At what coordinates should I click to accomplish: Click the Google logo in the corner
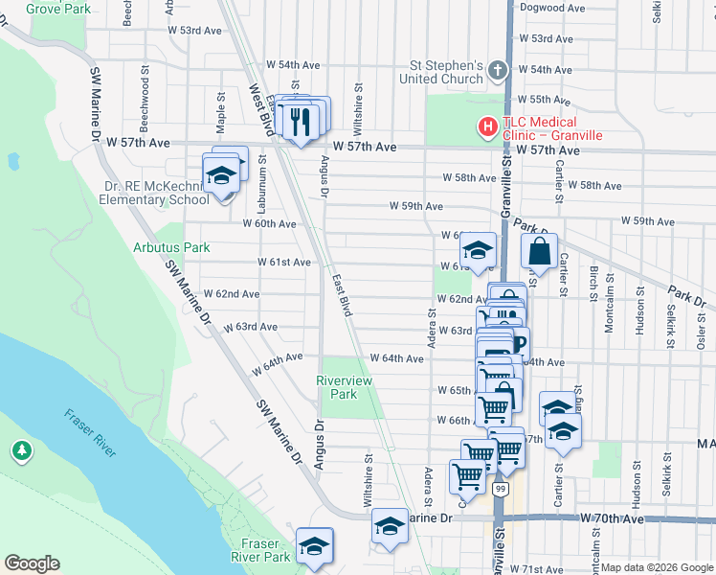point(32,563)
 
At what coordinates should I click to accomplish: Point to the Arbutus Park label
point(170,247)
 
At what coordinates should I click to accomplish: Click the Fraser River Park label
point(260,550)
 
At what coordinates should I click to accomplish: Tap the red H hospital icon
point(487,126)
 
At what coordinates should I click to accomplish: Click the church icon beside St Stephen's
point(497,70)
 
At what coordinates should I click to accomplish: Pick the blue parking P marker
point(519,342)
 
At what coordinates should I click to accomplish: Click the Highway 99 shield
point(500,488)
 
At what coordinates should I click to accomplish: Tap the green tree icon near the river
point(21,449)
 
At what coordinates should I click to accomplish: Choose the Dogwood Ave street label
point(551,8)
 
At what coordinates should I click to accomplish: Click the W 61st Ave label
point(284,262)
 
